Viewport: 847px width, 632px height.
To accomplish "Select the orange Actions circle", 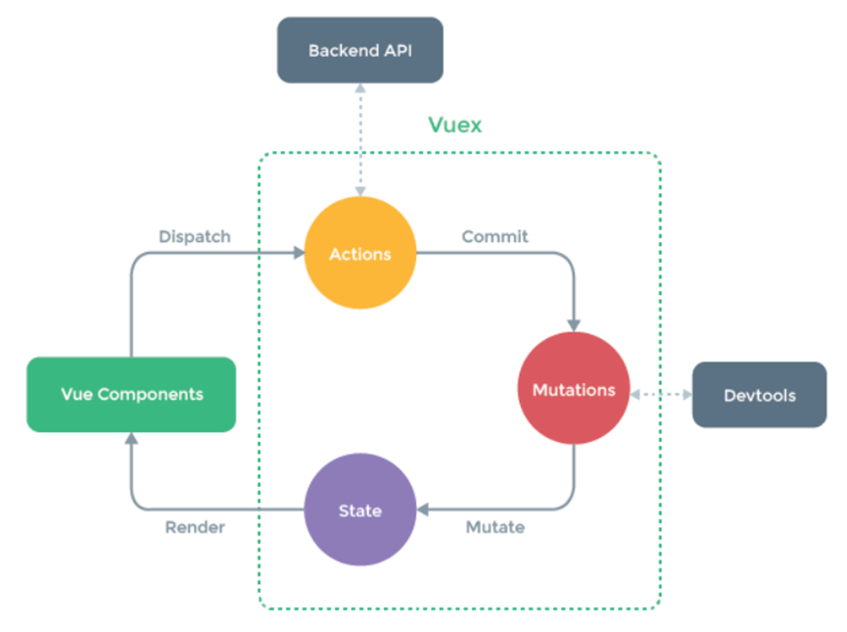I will tap(360, 255).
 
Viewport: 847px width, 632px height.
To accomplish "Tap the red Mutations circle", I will tap(574, 390).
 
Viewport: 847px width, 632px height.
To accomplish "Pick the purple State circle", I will tap(360, 510).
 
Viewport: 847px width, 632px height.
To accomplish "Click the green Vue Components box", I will tap(131, 394).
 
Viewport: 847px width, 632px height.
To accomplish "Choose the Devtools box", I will tap(760, 396).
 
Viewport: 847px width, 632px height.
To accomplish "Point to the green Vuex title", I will tap(455, 125).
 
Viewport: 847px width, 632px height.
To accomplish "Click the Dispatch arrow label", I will tap(195, 236).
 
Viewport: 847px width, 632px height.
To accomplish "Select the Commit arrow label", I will tap(494, 236).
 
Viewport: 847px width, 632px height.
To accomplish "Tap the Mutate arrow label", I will tap(494, 527).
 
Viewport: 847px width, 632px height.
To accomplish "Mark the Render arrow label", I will tap(195, 527).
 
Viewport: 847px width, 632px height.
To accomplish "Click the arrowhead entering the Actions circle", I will tap(299, 254).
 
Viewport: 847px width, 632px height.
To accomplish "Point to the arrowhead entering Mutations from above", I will tap(574, 324).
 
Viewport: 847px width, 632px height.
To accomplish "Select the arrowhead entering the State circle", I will tap(424, 510).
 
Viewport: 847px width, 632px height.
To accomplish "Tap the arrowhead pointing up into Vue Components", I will tap(131, 438).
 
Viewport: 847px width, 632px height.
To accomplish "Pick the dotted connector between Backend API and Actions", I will tap(361, 137).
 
